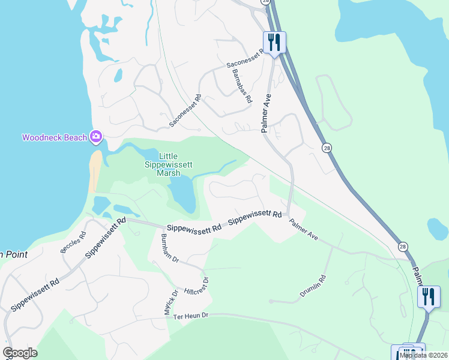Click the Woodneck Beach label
tap(55, 137)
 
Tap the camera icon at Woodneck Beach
tap(95, 137)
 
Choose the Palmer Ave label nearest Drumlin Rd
tap(303, 230)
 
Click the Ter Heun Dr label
tap(190, 316)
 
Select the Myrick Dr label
tap(171, 302)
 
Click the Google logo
tap(20, 353)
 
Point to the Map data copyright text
tap(424, 355)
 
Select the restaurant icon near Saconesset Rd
tap(274, 43)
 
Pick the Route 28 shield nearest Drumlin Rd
tap(403, 246)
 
